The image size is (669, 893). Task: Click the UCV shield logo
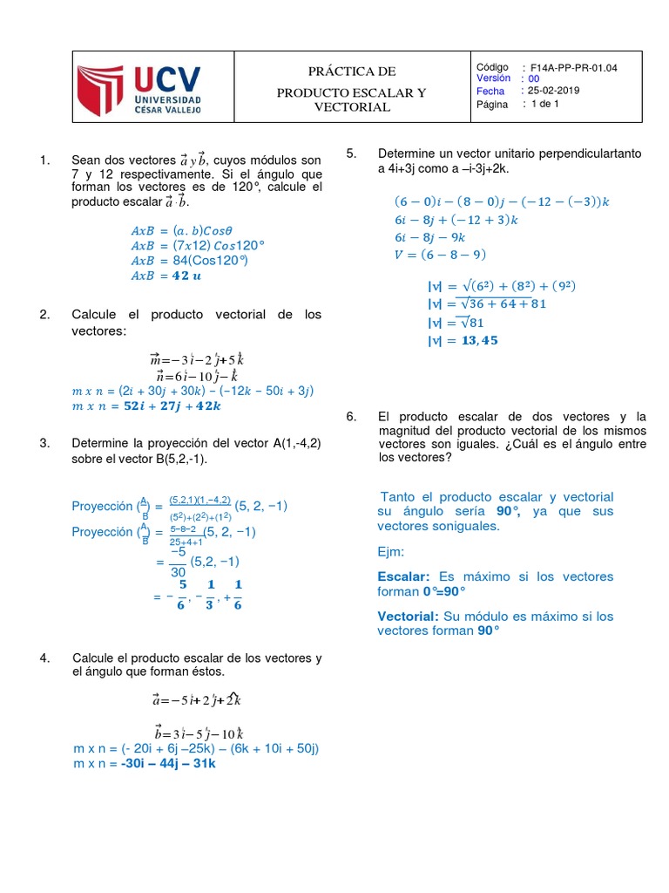click(x=103, y=90)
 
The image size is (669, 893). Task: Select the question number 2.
click(x=44, y=314)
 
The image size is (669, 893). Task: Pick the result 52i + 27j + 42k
click(x=172, y=406)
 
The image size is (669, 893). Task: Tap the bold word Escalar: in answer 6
click(x=404, y=576)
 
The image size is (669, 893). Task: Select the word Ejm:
click(x=391, y=552)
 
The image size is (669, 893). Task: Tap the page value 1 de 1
click(x=544, y=104)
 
